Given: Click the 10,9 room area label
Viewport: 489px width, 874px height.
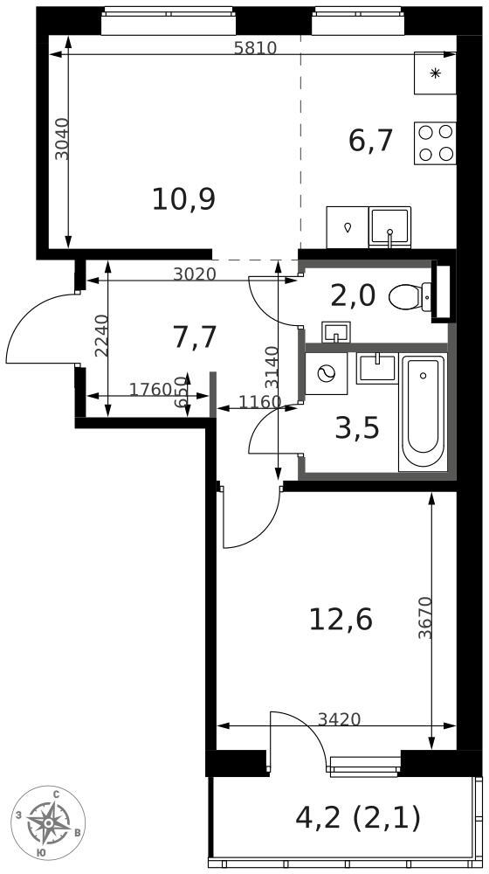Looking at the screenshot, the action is [183, 199].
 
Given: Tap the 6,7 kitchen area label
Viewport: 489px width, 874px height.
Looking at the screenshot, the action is [371, 140].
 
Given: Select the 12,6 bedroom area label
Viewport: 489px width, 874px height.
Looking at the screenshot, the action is [341, 620].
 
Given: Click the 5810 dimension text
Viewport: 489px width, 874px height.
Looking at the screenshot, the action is [255, 48].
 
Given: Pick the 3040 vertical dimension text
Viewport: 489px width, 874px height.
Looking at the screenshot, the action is [63, 139].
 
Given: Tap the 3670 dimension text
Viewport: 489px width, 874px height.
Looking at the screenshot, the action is [425, 618].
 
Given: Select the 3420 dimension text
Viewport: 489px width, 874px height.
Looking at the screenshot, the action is [339, 719].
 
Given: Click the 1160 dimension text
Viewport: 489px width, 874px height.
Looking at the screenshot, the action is [260, 401].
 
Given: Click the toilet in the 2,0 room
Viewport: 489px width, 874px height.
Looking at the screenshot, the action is [410, 296].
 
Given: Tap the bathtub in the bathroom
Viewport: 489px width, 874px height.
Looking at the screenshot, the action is [424, 412].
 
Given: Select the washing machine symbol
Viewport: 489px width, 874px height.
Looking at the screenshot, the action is [326, 373].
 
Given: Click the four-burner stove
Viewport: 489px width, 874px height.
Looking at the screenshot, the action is [435, 143].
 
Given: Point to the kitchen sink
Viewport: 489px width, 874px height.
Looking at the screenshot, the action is [389, 227].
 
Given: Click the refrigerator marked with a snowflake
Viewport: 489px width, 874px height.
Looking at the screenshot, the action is [435, 73].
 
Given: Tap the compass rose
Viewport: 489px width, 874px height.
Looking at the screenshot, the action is [49, 822].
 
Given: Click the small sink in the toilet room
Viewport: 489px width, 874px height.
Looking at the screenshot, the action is [336, 331].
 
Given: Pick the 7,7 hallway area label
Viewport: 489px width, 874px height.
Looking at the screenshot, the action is [195, 337].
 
